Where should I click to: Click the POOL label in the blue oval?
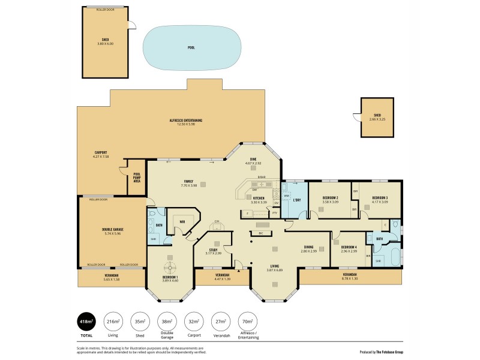(191, 47)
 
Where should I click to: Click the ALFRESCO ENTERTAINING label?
(185, 121)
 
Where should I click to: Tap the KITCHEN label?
(259, 198)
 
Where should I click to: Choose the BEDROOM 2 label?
(331, 197)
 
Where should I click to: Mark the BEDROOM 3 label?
(380, 197)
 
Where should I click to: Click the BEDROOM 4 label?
(349, 247)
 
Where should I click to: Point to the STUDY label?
(213, 250)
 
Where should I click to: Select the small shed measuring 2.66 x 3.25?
(377, 117)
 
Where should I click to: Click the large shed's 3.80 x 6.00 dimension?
(106, 44)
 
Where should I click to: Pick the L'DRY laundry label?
(296, 199)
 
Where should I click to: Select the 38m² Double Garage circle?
(166, 322)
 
